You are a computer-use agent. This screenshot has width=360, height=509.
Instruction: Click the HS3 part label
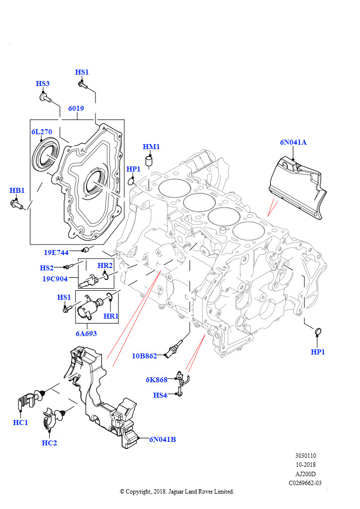(x=43, y=84)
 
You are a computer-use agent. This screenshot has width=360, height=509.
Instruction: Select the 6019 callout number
(x=76, y=108)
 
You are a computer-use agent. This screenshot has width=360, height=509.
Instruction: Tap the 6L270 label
(x=42, y=131)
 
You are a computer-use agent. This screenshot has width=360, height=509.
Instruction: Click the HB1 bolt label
(x=17, y=190)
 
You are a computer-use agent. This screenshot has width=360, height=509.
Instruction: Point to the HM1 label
(x=151, y=147)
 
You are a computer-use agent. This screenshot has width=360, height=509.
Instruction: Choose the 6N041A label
(x=293, y=142)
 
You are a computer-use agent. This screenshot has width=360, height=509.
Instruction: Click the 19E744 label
(x=56, y=252)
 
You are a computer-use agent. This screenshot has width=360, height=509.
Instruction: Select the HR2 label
(x=105, y=265)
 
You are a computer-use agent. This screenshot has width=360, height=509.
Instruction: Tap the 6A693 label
(x=86, y=334)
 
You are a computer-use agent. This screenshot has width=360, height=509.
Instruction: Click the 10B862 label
(x=144, y=356)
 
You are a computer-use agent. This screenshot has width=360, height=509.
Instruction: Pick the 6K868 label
(x=157, y=379)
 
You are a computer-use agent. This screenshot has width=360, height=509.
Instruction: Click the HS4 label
(x=160, y=395)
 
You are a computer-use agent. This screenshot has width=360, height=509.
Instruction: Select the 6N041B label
(x=162, y=439)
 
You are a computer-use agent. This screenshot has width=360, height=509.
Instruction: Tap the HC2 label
(x=49, y=442)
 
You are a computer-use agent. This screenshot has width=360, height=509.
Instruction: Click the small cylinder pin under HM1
(x=149, y=161)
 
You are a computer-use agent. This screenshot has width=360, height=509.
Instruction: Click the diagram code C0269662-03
(x=305, y=483)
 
